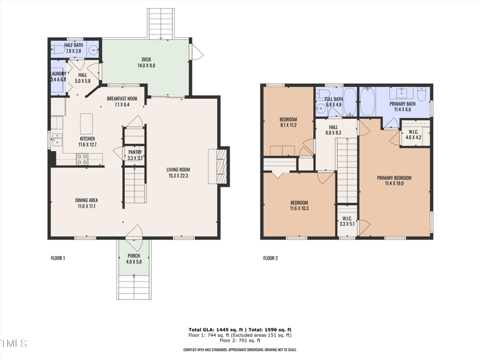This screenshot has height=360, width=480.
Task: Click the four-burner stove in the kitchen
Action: point(82,159)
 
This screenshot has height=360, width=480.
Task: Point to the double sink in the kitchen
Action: point(57,141)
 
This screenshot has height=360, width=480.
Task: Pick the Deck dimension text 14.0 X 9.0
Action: point(146,65)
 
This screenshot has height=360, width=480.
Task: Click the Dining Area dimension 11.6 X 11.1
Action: point(87,206)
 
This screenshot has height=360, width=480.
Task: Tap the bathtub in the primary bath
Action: point(367,101)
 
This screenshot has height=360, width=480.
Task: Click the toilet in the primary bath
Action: point(422,96)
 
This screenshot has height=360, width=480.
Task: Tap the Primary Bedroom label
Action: point(394,178)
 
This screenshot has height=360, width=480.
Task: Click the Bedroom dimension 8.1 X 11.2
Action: point(288,125)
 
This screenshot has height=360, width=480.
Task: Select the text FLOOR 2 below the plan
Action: point(271,259)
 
